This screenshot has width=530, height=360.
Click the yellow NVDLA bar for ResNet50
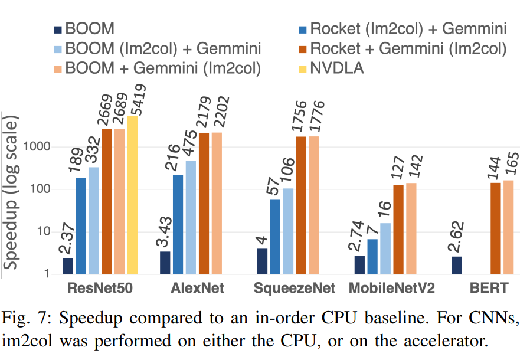[132, 195]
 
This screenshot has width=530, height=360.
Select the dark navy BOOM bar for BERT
[457, 265]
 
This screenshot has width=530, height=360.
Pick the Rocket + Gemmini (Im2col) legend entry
[401, 48]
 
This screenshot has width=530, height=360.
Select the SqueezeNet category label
[294, 289]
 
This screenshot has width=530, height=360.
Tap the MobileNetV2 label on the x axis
[392, 289]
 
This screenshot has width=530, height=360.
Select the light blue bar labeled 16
[385, 248]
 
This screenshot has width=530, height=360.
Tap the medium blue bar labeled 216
[177, 224]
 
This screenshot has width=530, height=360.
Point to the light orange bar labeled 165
[508, 227]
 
